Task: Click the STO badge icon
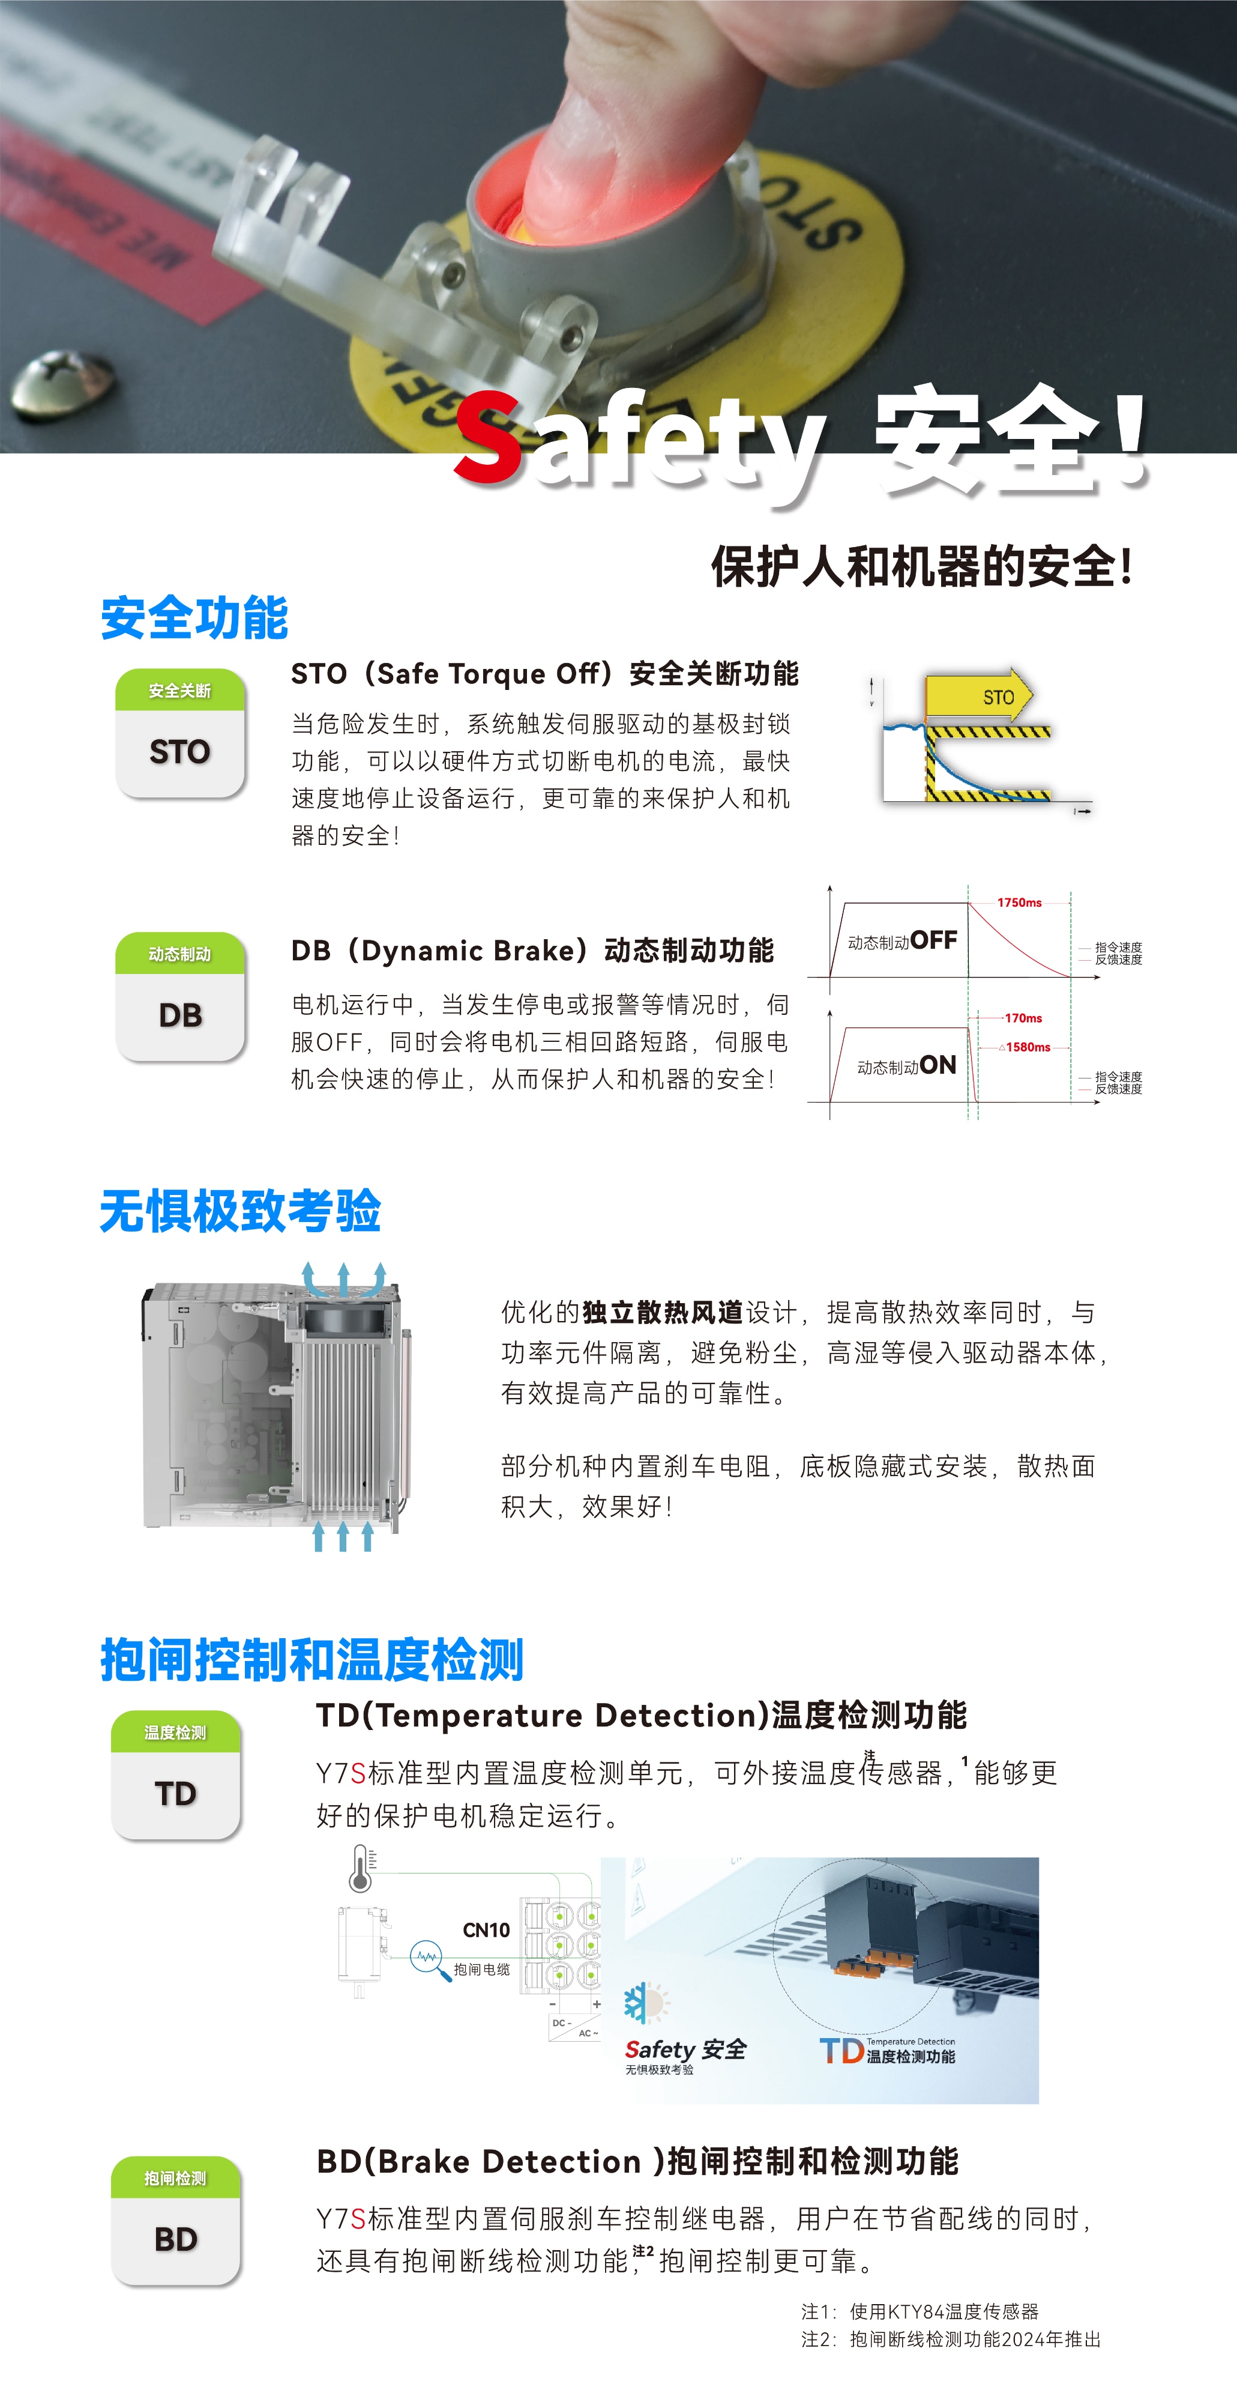pos(180,733)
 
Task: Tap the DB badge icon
pos(180,997)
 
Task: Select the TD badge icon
pos(175,1774)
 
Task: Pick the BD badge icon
pos(175,2220)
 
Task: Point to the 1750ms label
pos(1019,903)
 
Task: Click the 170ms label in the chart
pos(1023,1018)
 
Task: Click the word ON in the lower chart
pos(938,1065)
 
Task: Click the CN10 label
pos(486,1930)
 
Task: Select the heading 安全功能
pos(195,619)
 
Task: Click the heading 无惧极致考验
pos(241,1211)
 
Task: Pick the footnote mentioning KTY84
pos(920,2311)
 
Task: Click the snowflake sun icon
pos(646,2002)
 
